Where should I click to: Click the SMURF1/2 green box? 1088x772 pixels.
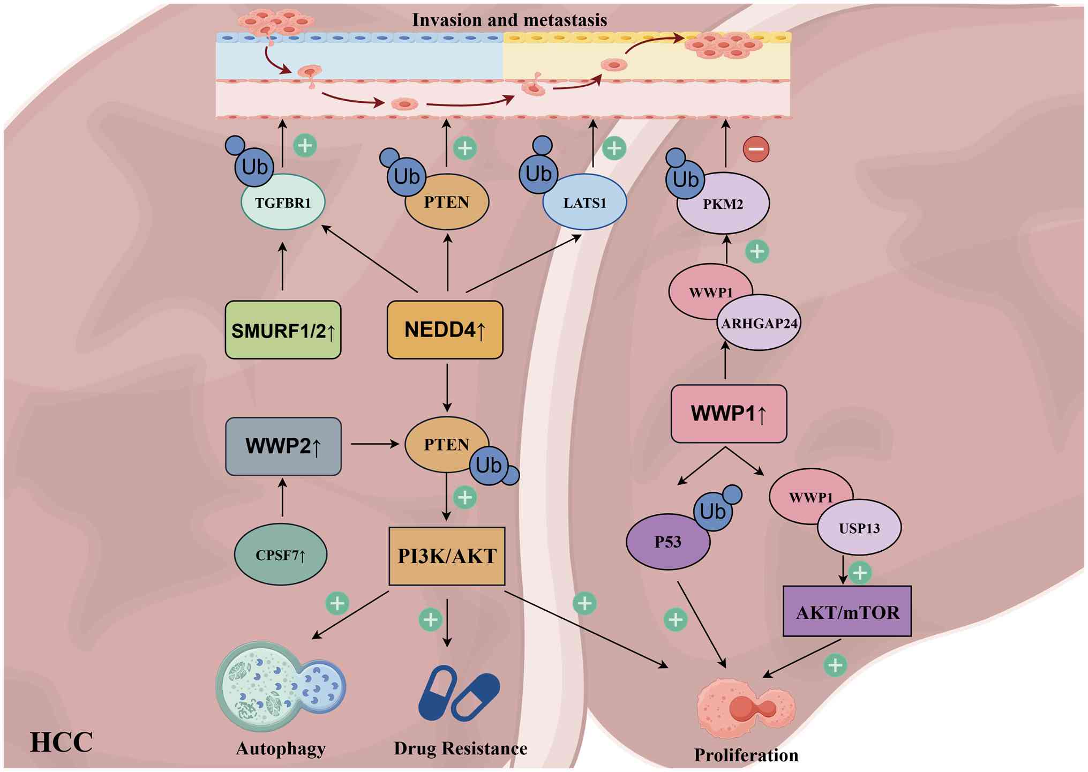tap(283, 330)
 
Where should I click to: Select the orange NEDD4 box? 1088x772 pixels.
tap(445, 329)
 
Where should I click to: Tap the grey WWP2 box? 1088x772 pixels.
tap(283, 446)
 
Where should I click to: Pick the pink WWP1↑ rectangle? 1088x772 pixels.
tap(729, 414)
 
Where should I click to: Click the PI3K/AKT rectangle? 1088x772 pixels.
tap(447, 556)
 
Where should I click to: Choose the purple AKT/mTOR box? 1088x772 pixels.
tap(847, 611)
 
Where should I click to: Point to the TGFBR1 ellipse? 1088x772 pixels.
tap(283, 203)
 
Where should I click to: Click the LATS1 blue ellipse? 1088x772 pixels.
tap(584, 203)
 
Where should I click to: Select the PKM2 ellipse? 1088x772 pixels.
tap(723, 204)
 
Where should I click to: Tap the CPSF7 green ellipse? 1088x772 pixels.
tap(280, 554)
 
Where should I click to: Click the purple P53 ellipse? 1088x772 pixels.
tap(667, 542)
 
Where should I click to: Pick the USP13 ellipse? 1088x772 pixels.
tap(859, 528)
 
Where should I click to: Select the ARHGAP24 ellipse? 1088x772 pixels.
tap(759, 324)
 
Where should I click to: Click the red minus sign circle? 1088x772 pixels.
tap(756, 149)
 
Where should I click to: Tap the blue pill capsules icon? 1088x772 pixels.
tap(459, 693)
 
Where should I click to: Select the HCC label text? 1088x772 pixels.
tap(62, 743)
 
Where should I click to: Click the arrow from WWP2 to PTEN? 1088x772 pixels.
tap(374, 444)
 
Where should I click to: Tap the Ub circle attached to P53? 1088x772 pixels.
tap(713, 512)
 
